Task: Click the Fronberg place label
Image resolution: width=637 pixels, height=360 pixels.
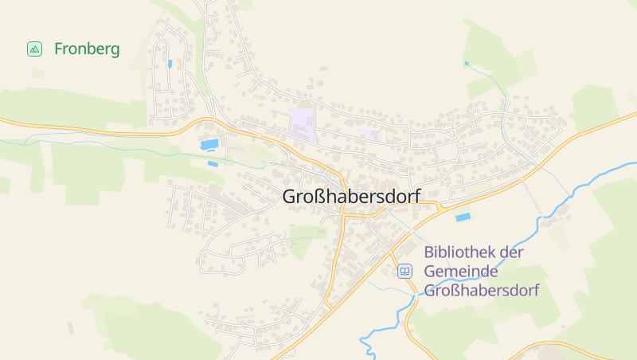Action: (87, 49)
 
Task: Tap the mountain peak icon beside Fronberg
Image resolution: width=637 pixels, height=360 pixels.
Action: (34, 49)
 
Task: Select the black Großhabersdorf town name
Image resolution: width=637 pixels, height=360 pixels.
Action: (351, 197)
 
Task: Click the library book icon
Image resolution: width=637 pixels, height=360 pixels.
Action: (405, 272)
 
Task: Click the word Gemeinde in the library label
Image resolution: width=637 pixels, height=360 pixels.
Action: (457, 272)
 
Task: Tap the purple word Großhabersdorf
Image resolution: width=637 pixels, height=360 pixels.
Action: (482, 290)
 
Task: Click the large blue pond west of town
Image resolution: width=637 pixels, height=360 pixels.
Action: (209, 144)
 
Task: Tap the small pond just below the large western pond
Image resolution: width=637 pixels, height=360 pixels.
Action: (213, 163)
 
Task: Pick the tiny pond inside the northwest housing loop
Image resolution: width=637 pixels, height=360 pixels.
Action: (170, 63)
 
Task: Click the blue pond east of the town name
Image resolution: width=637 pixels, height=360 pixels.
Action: (463, 217)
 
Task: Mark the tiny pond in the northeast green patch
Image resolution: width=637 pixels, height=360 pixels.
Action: (467, 62)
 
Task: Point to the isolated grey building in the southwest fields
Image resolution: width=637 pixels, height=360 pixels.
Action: (70, 327)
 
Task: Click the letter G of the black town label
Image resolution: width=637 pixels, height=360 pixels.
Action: (290, 197)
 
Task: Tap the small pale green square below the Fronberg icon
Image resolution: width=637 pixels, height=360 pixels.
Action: (37, 74)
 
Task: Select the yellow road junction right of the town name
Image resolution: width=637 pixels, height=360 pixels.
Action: (436, 208)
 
